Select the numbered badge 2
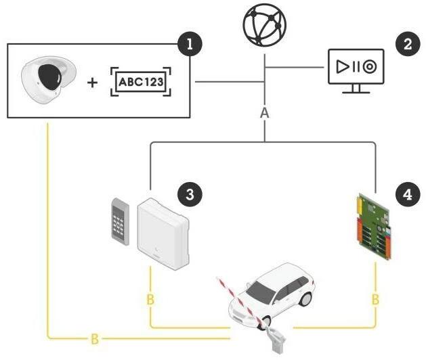[408, 45]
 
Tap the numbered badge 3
[191, 194]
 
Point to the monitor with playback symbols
[355, 68]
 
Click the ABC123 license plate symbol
[141, 82]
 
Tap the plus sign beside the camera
[91, 82]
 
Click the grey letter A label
[265, 113]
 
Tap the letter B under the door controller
[150, 298]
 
